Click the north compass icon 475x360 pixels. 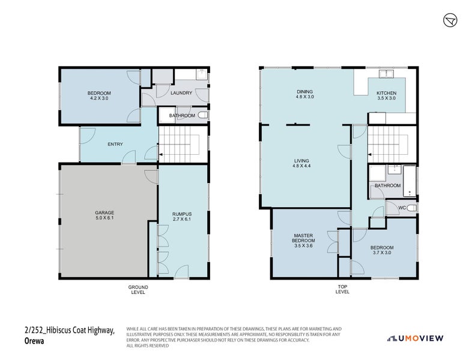coord(451,20)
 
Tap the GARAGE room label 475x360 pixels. coord(104,212)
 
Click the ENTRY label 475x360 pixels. coord(115,144)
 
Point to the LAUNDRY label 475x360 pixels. coord(181,93)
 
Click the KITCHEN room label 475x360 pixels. coord(386,93)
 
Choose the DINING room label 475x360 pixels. coord(305,92)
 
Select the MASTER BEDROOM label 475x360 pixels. coord(304,238)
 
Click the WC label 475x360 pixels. coord(402,208)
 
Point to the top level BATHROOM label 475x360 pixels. coord(387,185)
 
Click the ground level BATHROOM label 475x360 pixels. coord(181,115)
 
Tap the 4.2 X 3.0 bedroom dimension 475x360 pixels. coord(99,98)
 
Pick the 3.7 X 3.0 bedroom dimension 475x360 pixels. coord(382,253)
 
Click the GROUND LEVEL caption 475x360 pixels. coord(138,290)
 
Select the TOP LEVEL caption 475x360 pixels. coord(342,290)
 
